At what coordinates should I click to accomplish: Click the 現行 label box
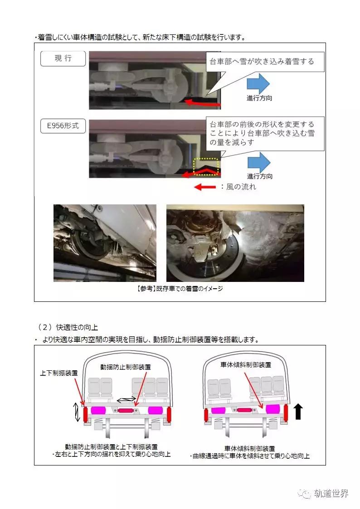click(x=63, y=59)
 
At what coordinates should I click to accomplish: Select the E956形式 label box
click(x=63, y=126)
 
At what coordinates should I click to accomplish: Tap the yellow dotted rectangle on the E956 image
click(x=206, y=166)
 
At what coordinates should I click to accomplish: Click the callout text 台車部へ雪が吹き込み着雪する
click(x=261, y=61)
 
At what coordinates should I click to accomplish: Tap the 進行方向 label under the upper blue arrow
click(x=259, y=98)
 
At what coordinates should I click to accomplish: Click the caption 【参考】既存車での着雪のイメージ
click(x=180, y=288)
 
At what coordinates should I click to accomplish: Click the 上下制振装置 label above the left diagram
click(x=58, y=373)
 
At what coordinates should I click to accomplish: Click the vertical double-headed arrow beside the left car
click(x=77, y=412)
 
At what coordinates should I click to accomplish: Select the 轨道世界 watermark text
click(x=331, y=494)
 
